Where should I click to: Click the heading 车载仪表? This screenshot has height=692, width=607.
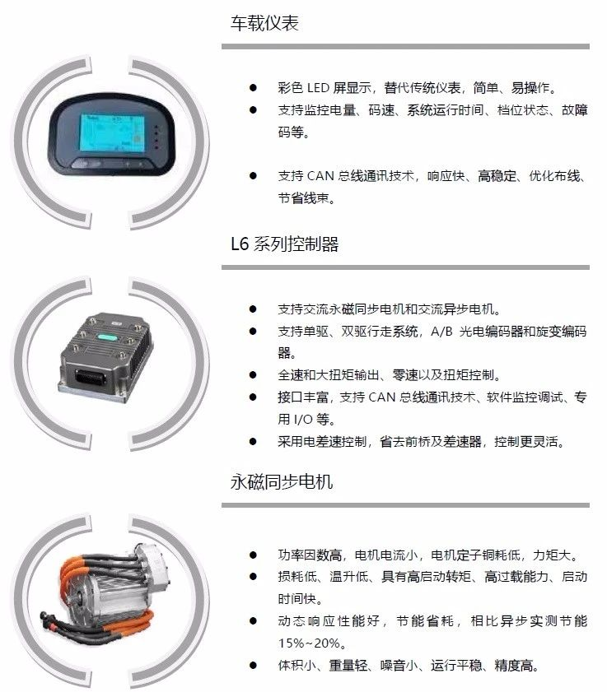[264, 23]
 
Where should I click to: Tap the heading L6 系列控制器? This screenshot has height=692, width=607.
[284, 244]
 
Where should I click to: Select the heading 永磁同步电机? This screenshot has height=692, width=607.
[282, 481]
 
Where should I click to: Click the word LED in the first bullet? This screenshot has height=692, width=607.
[318, 88]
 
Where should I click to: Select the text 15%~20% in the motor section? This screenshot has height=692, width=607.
[309, 643]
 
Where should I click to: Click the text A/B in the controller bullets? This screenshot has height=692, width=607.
[441, 331]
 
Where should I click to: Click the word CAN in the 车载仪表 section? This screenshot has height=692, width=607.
[320, 176]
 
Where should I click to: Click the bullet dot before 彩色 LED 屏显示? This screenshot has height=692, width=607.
[253, 87]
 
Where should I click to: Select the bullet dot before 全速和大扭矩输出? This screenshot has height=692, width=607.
[253, 374]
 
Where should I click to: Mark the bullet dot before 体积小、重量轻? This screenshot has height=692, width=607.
[253, 665]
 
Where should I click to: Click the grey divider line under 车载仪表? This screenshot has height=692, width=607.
[405, 46]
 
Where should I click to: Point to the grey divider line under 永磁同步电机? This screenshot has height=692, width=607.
[405, 505]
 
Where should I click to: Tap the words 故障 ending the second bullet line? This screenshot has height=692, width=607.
[574, 110]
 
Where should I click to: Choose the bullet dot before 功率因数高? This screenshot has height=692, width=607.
[253, 555]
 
